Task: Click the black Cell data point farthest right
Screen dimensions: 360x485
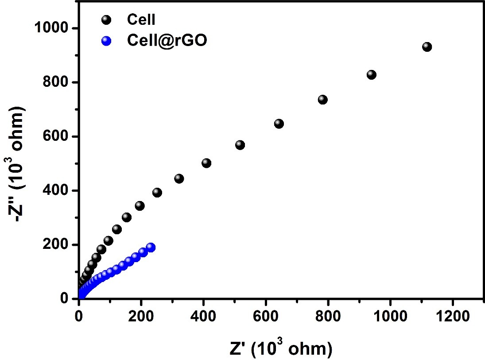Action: tap(427, 47)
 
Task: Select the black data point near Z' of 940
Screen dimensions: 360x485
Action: tap(372, 75)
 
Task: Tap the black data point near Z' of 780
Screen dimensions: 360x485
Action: tap(322, 100)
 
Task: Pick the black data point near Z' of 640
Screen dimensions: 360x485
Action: tap(279, 124)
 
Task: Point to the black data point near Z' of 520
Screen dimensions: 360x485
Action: tap(240, 145)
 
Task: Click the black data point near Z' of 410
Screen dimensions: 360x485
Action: tap(206, 163)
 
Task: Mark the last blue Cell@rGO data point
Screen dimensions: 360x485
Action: tap(151, 247)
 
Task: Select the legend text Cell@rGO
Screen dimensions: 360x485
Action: tap(167, 41)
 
